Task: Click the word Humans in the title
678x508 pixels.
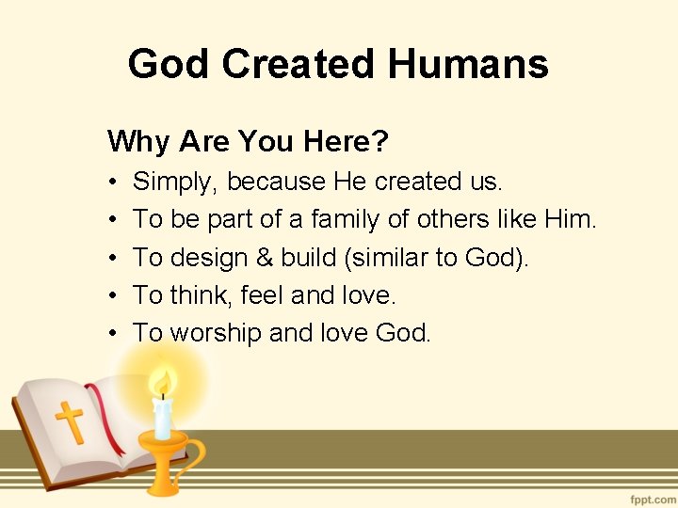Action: pos(467,65)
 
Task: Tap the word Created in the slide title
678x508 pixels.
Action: pos(299,65)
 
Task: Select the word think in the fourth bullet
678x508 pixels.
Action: pos(199,294)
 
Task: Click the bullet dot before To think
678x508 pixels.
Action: pos(112,295)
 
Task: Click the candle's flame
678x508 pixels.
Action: pos(164,384)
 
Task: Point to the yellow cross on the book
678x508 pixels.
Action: pos(70,422)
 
